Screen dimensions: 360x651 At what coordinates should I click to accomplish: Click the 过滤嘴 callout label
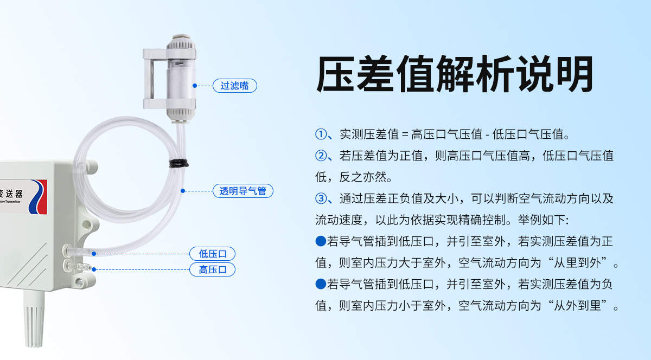click(x=234, y=86)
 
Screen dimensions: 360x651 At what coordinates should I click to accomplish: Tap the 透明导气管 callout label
click(x=243, y=191)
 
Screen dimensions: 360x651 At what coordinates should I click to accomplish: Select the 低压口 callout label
click(x=212, y=254)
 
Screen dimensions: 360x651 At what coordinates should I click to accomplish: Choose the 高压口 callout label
click(x=212, y=269)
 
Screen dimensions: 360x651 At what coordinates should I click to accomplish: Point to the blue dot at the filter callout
click(x=195, y=86)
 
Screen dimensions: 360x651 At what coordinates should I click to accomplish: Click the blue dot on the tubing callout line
click(x=183, y=191)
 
